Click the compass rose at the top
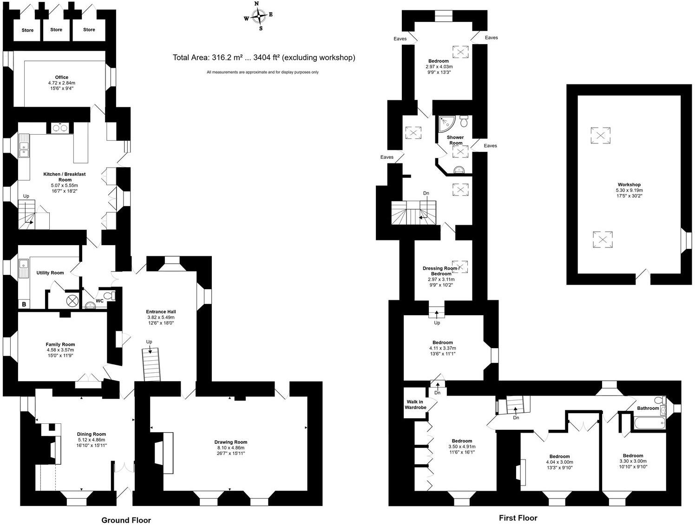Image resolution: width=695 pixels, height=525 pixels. [258, 16]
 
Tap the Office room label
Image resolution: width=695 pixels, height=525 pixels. [61, 77]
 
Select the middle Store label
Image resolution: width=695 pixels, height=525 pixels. [56, 30]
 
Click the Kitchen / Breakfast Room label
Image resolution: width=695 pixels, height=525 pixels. [65, 177]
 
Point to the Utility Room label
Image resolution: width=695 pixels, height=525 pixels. [50, 273]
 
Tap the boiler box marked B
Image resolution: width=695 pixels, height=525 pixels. [24, 305]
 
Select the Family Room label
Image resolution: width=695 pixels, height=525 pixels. [60, 344]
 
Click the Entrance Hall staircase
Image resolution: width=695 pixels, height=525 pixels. [151, 364]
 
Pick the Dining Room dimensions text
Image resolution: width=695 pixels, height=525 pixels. [92, 442]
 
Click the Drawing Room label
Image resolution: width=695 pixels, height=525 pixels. [231, 442]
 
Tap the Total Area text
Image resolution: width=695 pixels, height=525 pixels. [264, 58]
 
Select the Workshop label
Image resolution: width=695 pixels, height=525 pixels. [629, 185]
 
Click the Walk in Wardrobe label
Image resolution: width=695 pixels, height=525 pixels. [416, 405]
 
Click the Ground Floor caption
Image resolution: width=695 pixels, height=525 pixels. [126, 520]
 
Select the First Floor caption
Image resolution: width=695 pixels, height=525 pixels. [518, 518]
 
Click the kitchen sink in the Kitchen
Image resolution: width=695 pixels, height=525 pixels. [24, 148]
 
